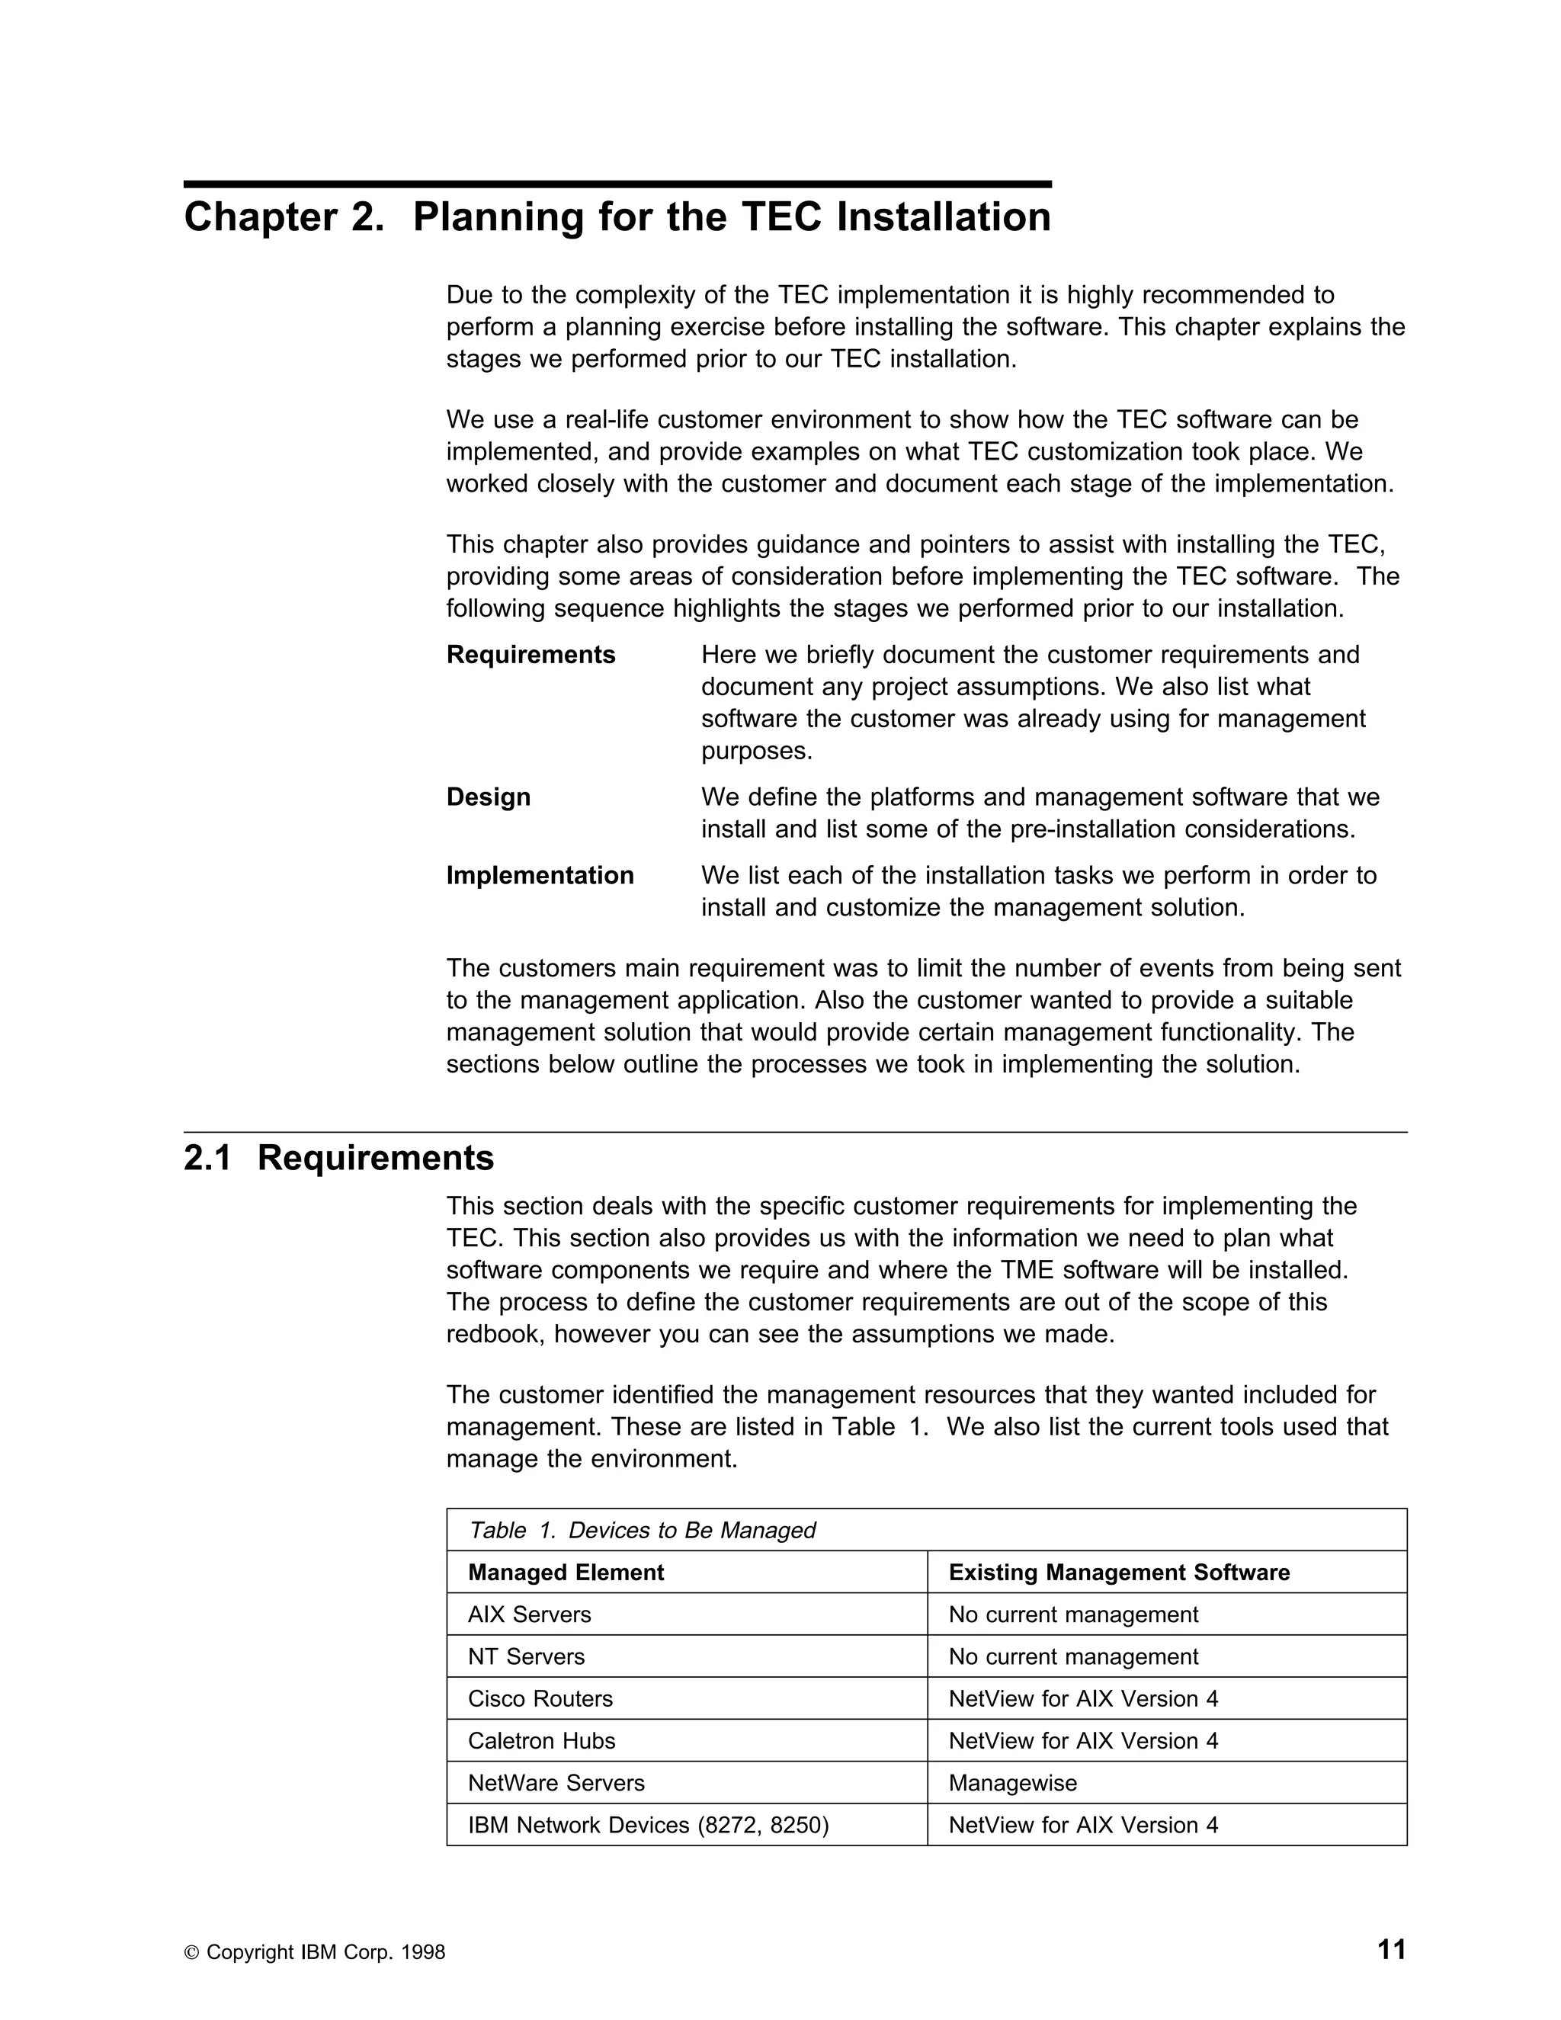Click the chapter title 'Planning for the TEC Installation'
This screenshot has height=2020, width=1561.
coord(617,218)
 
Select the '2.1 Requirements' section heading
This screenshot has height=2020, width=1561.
coord(338,1158)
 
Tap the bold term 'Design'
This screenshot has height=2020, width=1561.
coord(489,797)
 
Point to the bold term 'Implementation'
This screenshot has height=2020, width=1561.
coord(540,876)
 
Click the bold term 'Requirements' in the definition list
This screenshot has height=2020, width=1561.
coord(530,655)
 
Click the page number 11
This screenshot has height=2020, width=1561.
coord(1392,1950)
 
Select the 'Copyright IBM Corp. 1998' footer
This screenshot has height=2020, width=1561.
coord(315,1952)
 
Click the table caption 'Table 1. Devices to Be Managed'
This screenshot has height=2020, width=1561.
coord(642,1530)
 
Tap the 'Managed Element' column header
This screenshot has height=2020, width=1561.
coord(566,1573)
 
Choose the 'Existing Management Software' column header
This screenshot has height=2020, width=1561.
coord(1119,1573)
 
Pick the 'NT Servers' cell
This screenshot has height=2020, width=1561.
coord(526,1656)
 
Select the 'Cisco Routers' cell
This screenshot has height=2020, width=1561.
coord(540,1698)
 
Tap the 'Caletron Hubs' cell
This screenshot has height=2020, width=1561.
coord(541,1741)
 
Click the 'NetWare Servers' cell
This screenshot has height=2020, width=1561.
coord(556,1782)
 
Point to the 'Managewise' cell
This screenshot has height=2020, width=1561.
coord(1013,1782)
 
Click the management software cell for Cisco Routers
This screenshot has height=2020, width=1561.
coord(1083,1698)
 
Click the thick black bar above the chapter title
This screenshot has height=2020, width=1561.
coord(617,184)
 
